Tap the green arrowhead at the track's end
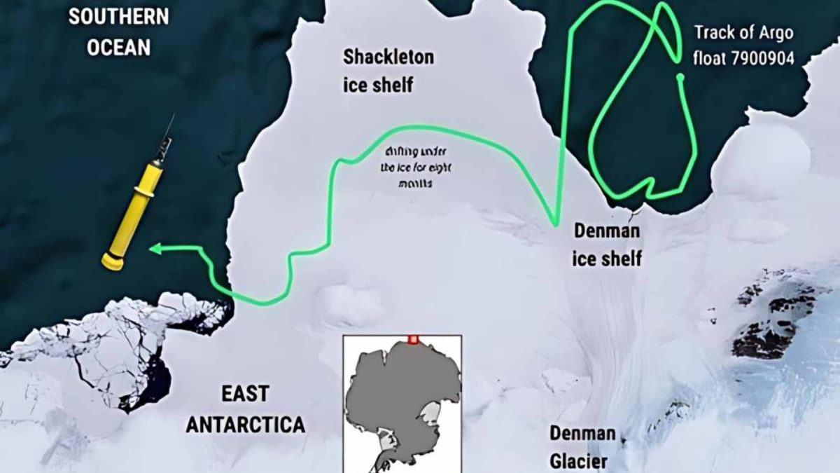click(x=155, y=247)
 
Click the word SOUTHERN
click(x=118, y=17)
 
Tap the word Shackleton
click(x=388, y=57)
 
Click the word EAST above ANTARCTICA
click(x=244, y=394)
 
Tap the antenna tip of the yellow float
click(x=172, y=116)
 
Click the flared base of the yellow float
click(x=113, y=261)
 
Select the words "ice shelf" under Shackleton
click(x=378, y=85)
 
